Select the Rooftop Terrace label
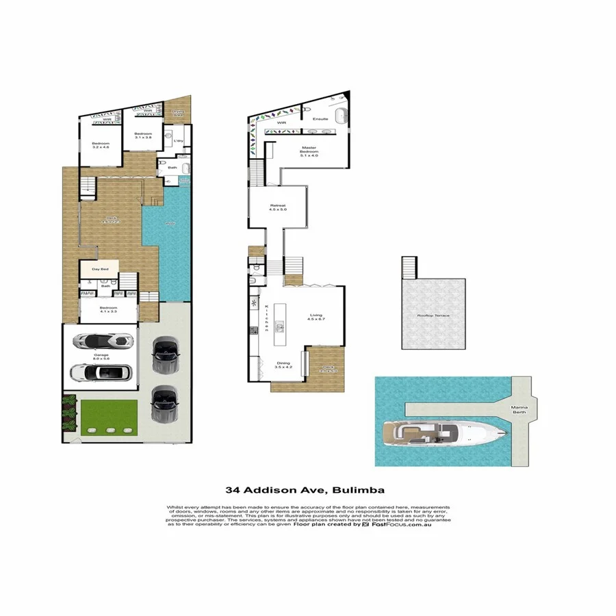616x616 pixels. (x=433, y=316)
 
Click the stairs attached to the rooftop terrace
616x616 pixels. (x=409, y=267)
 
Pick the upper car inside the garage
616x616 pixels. (x=102, y=341)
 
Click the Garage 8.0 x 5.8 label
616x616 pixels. (x=102, y=356)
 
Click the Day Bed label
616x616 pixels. (x=100, y=269)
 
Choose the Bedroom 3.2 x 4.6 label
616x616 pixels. (x=101, y=144)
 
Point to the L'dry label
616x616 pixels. (x=178, y=141)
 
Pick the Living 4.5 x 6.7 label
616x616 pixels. (x=316, y=316)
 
